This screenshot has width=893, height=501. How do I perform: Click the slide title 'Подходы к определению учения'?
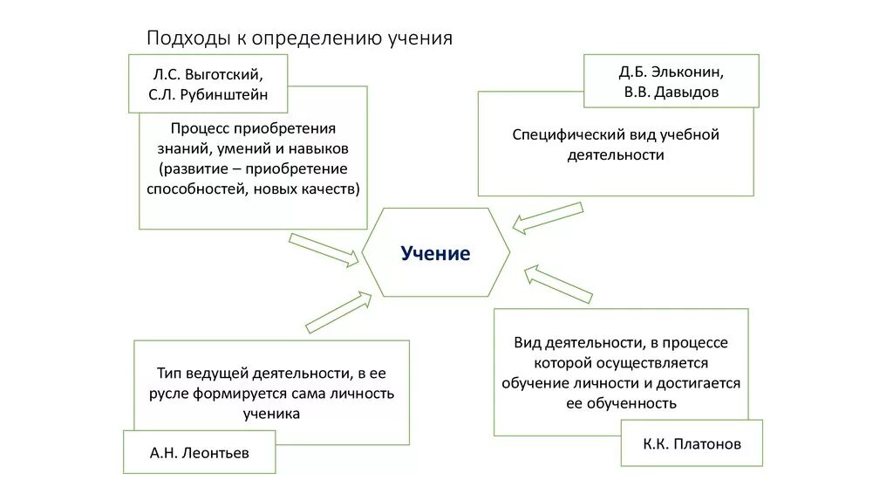[299, 38]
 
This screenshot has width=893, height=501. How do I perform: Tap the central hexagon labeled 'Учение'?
[435, 253]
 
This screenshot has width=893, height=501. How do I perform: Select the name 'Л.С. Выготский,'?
[207, 73]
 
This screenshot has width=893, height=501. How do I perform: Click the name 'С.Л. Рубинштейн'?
[208, 94]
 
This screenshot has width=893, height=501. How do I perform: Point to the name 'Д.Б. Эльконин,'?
[671, 71]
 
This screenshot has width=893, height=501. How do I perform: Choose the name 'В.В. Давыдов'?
[671, 91]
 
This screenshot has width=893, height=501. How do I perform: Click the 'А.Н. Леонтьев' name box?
[200, 452]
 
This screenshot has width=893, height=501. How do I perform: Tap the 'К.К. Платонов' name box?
[692, 443]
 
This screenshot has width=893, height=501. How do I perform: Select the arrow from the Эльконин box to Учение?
[547, 218]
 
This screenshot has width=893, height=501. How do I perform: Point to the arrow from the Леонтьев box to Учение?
[338, 312]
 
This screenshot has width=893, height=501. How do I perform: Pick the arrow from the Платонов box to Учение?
[558, 285]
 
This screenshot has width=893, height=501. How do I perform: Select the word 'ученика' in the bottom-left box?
[271, 414]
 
